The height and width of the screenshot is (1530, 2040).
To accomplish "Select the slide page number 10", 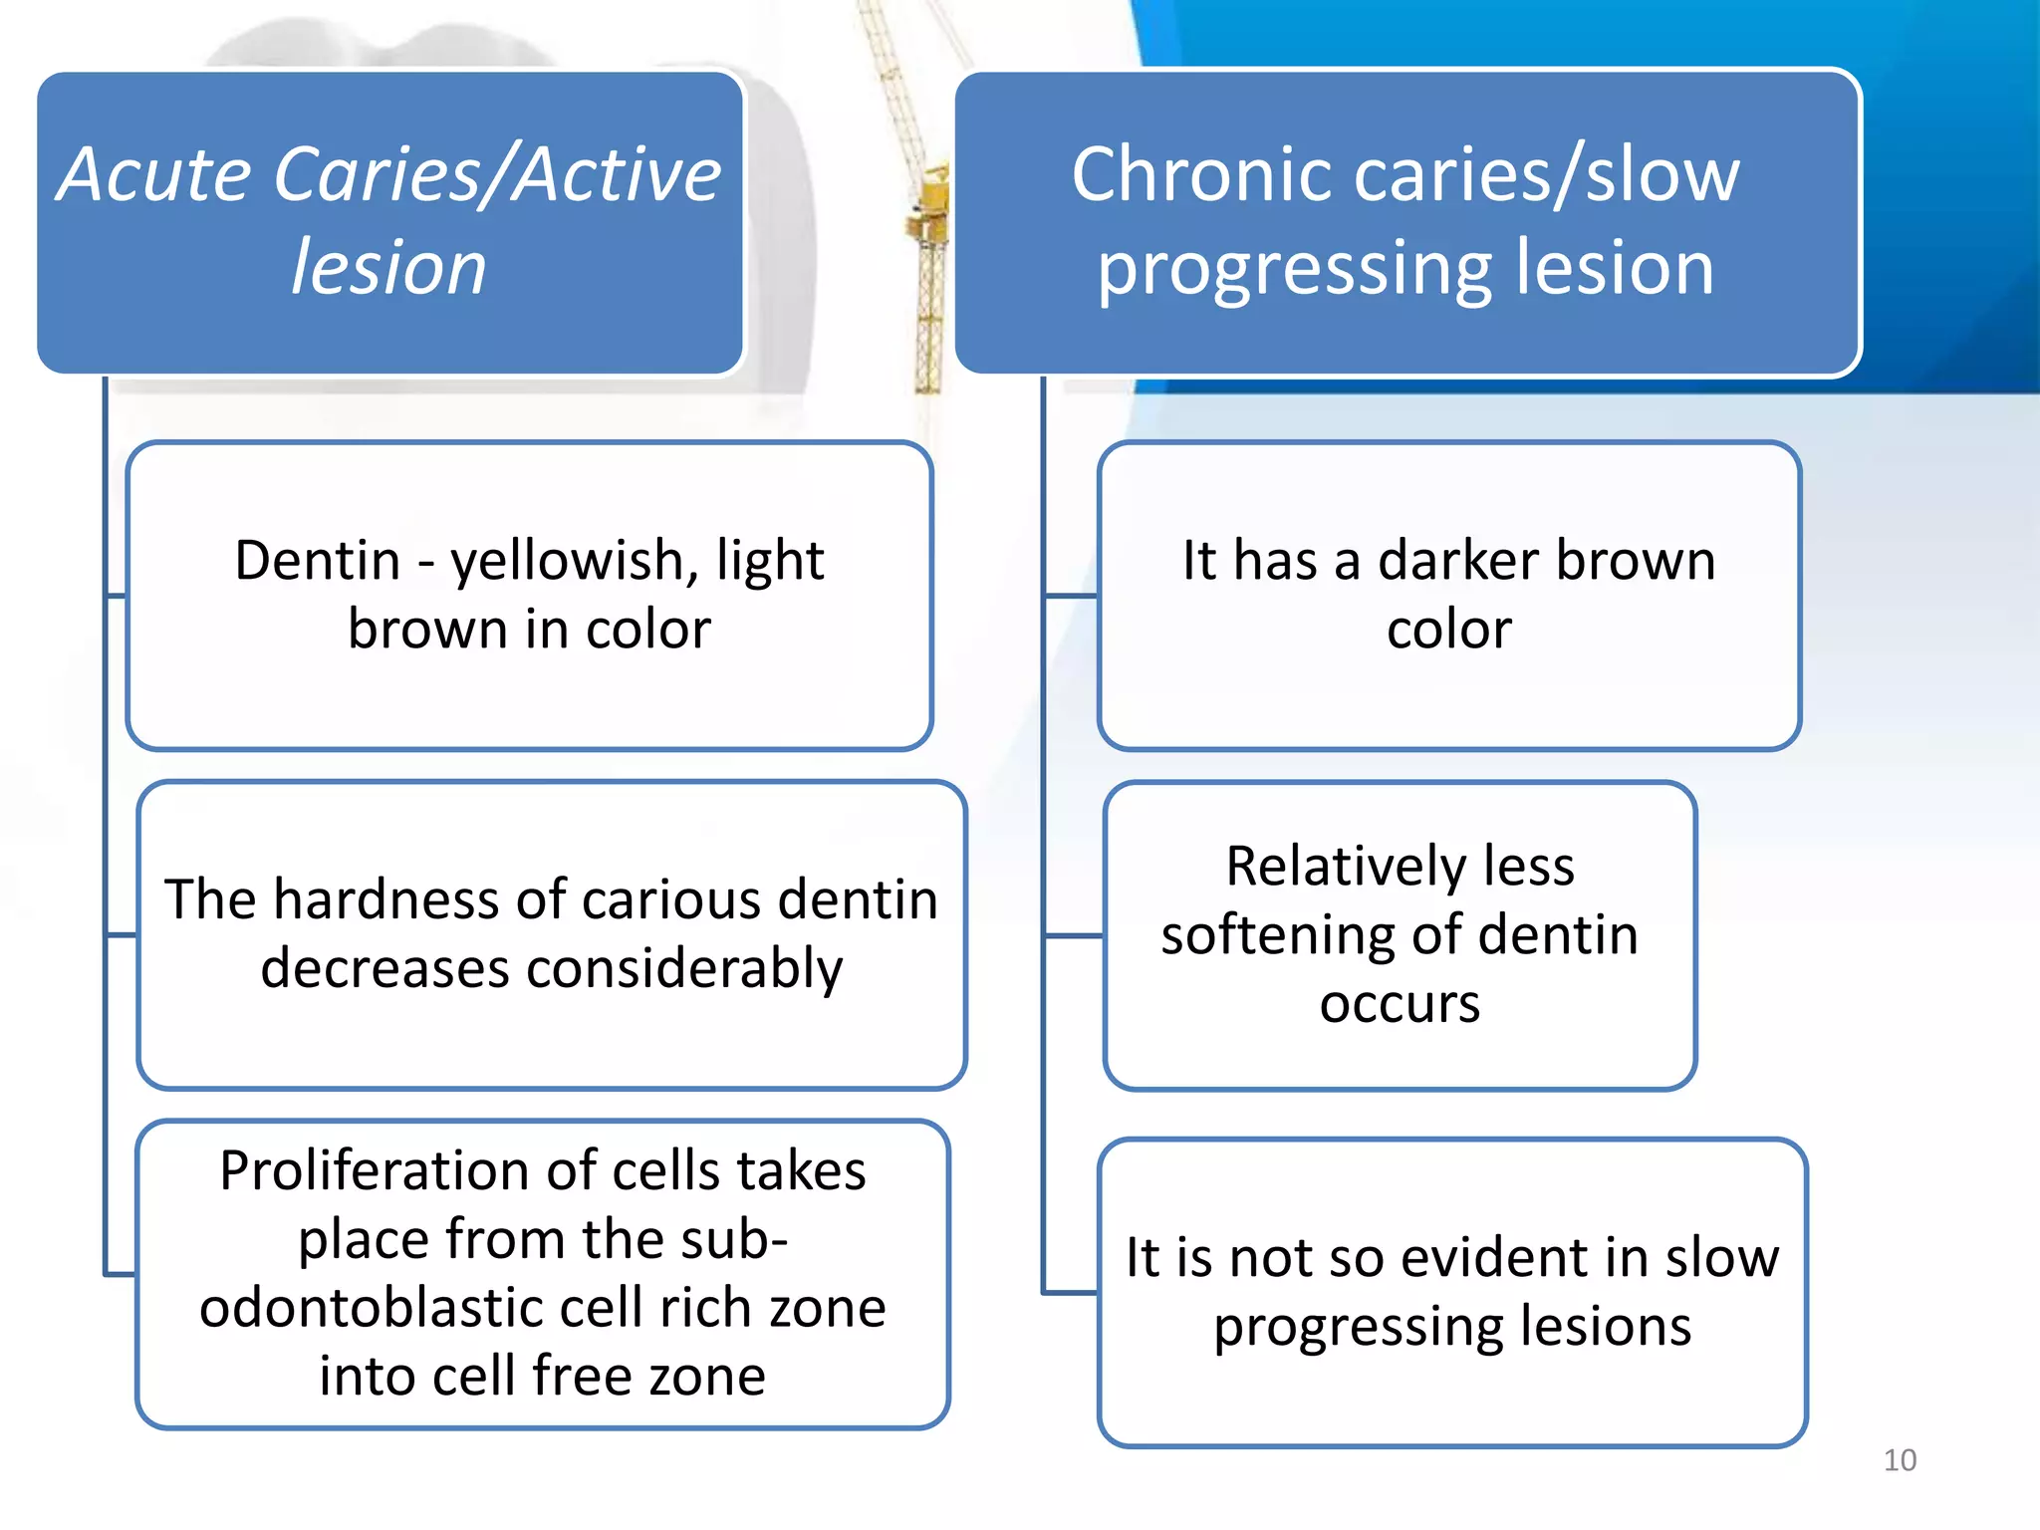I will [x=1900, y=1460].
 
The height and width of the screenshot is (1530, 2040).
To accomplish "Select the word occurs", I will [x=1400, y=1004].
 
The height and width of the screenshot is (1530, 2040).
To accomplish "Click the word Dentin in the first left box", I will [x=317, y=560].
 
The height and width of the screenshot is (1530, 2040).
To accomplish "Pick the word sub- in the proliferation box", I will [x=737, y=1239].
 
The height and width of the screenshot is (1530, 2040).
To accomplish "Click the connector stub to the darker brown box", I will [x=1071, y=596].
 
